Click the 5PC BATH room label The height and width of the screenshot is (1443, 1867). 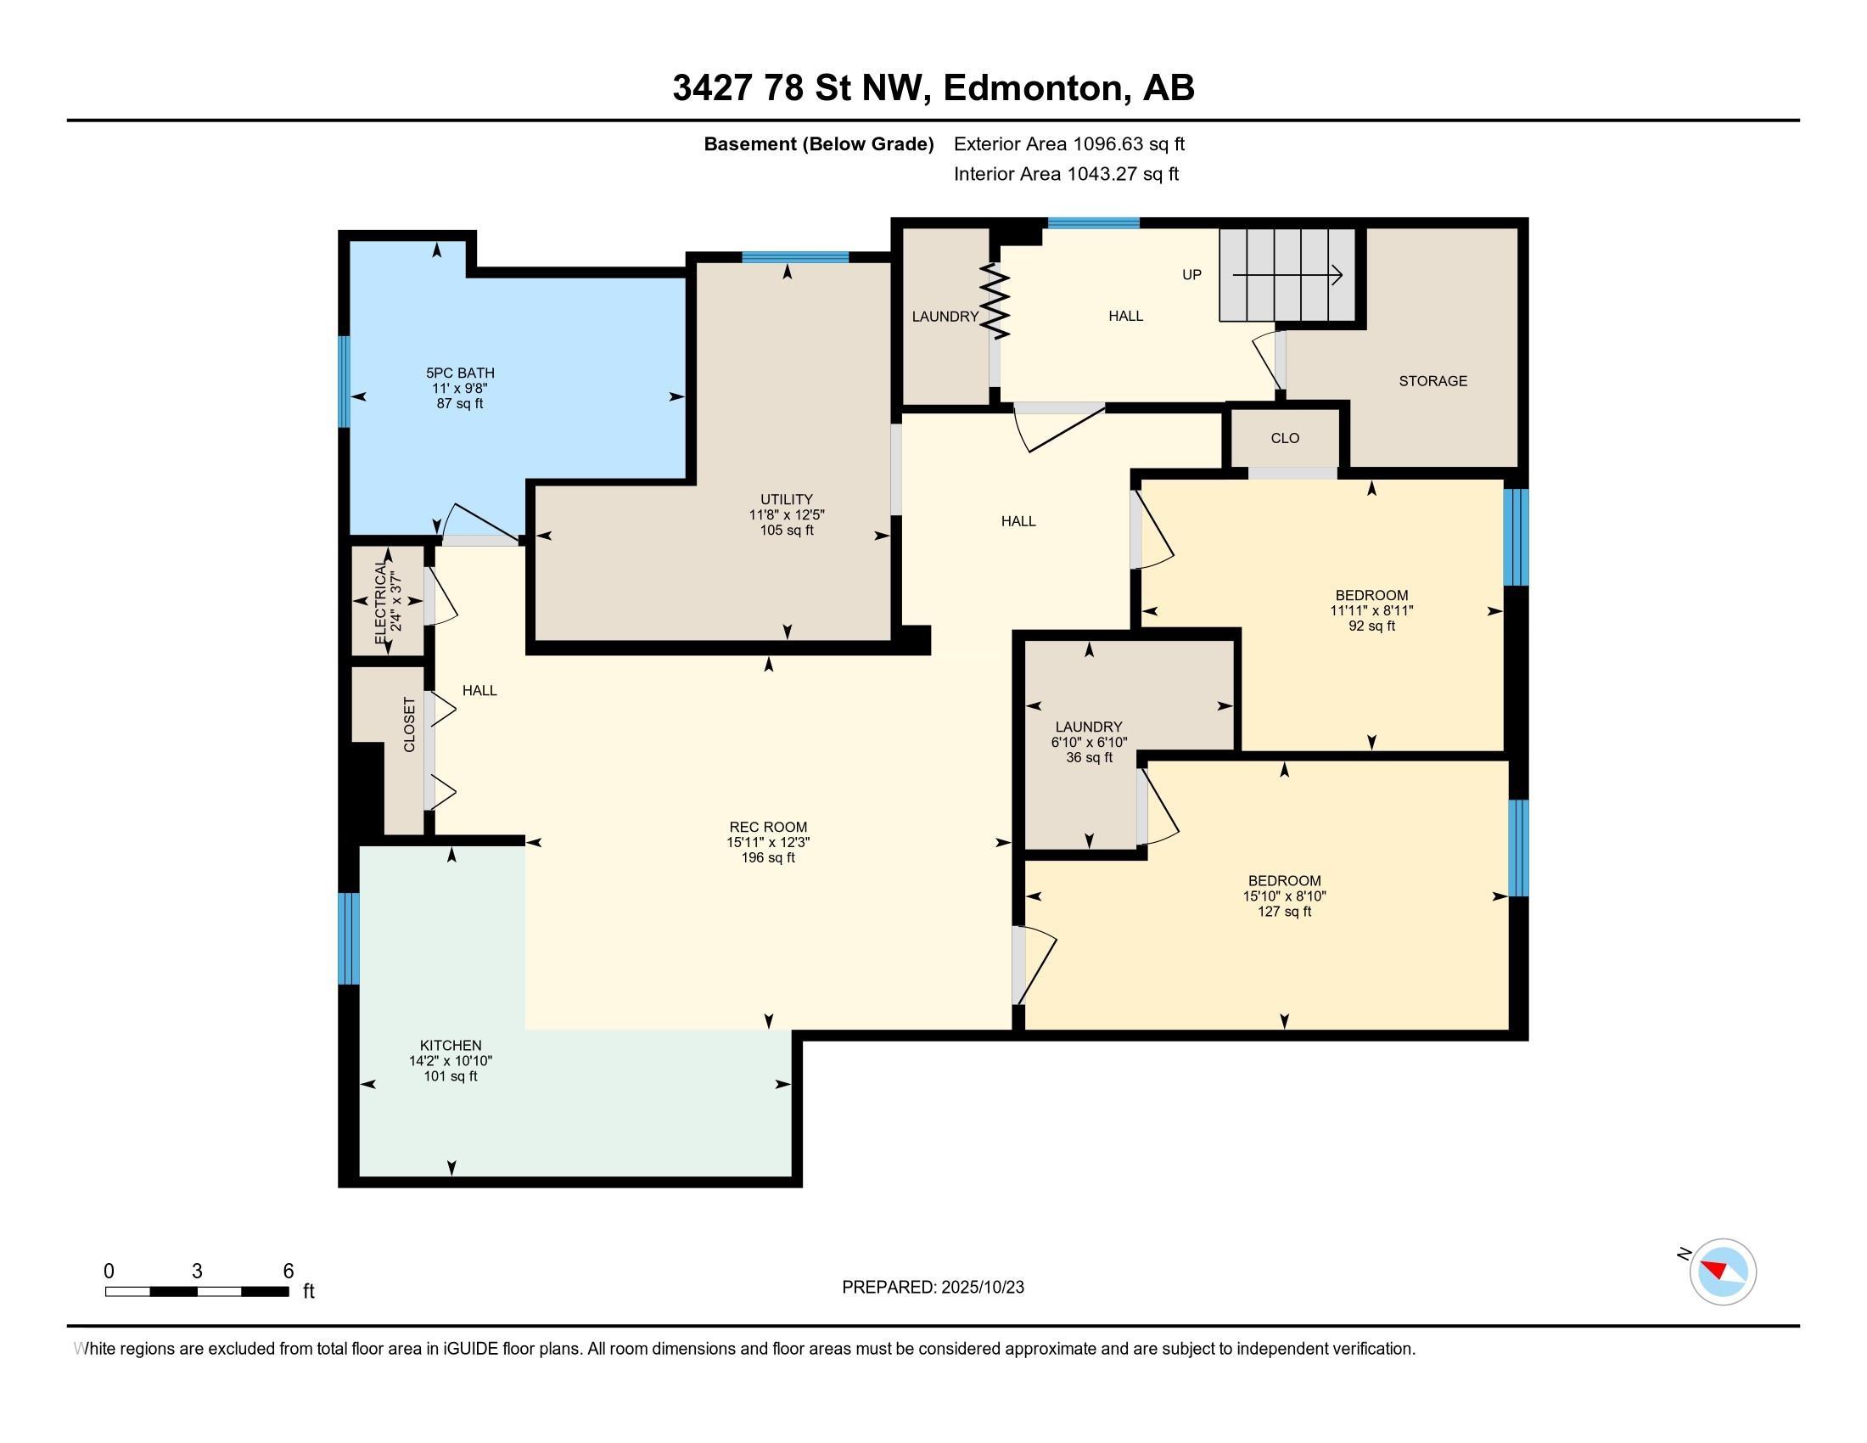coord(460,373)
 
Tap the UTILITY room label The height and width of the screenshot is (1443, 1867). coord(787,499)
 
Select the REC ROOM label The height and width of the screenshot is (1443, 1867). coord(768,827)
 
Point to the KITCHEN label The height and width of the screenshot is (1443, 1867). coord(451,1046)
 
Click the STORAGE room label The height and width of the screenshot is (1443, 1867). coord(1432,381)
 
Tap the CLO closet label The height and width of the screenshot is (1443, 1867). coord(1285,439)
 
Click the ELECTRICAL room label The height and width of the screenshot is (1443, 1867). coord(380,604)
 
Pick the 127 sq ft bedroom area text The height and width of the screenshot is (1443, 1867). coord(1284,912)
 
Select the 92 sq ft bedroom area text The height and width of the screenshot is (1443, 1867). coord(1371,626)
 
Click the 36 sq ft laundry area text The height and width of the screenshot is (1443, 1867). coord(1088,757)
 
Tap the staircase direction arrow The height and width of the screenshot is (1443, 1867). coord(1287,275)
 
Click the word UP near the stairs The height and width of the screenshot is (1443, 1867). coord(1191,274)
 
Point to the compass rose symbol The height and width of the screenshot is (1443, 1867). coord(1723,1272)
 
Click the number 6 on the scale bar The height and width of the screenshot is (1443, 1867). coord(288,1272)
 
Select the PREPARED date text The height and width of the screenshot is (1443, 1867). coord(933,1288)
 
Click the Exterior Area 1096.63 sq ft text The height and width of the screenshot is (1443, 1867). coord(1069,143)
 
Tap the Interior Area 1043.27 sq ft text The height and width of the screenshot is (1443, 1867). coord(1066,173)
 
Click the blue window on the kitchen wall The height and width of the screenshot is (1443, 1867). coord(349,939)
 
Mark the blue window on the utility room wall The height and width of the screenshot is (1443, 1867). coord(795,257)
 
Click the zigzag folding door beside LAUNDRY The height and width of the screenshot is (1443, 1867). coord(995,301)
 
